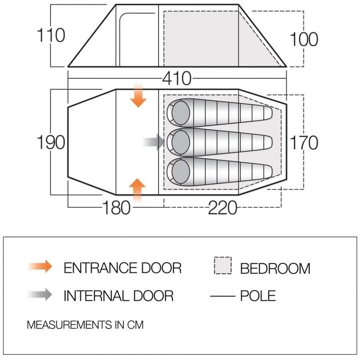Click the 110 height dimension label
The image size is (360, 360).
[51, 35]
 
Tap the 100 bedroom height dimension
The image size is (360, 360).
[304, 39]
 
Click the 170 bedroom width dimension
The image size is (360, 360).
[304, 142]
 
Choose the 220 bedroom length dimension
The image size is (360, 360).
[222, 208]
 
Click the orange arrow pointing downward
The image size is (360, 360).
[138, 96]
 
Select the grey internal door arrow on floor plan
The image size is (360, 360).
[154, 142]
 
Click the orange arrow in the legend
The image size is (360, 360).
[40, 266]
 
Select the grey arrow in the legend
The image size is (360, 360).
[40, 295]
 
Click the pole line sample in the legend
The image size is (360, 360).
[222, 296]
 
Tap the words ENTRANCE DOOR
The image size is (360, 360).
[122, 268]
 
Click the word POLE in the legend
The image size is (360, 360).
[258, 296]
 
